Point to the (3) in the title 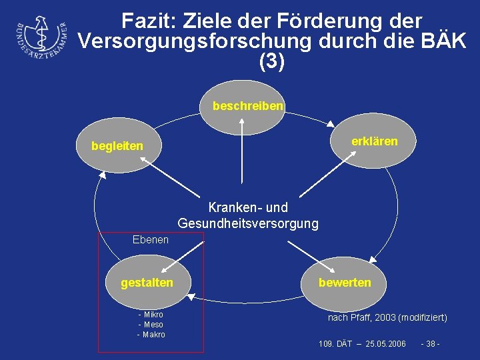coord(271,61)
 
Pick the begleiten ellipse coord(117,145)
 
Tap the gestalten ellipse coord(147,283)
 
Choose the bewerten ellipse coord(345,283)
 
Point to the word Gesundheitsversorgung coord(248,223)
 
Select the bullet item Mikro coord(153,315)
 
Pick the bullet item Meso coord(153,325)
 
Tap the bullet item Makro coord(153,335)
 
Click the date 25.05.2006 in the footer coord(381,343)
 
